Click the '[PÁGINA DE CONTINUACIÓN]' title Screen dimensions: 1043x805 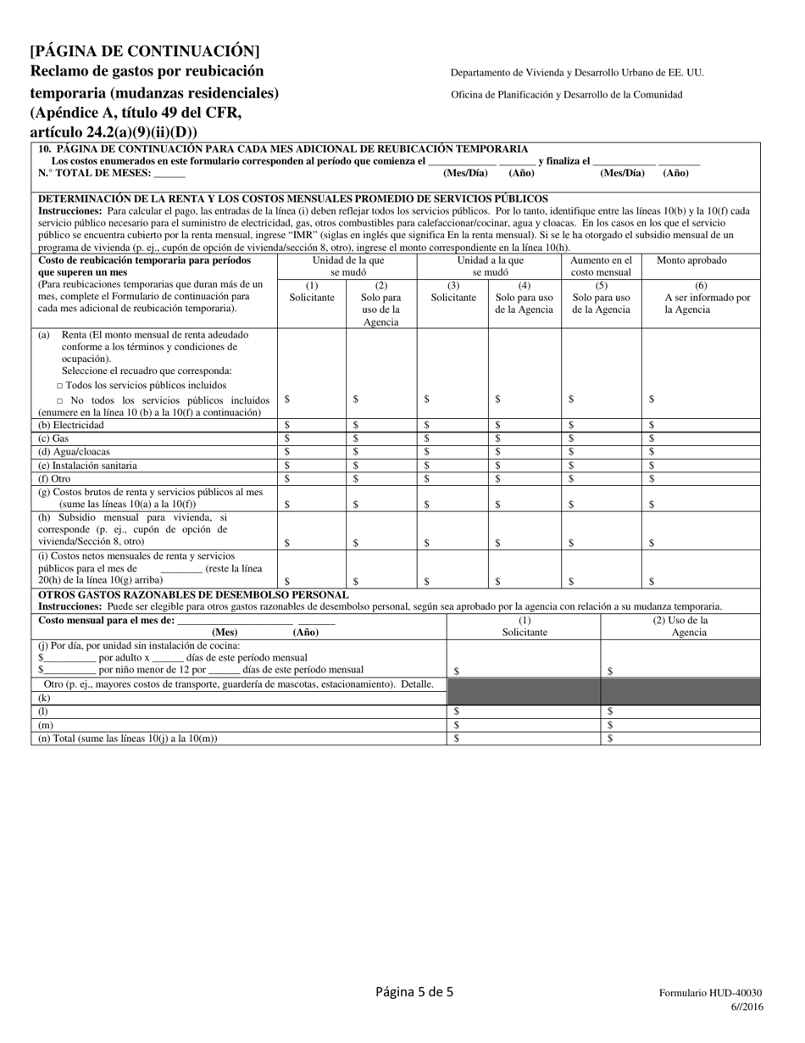tap(144, 51)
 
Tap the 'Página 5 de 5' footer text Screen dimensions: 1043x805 tap(414, 991)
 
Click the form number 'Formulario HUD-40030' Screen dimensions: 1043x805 tap(711, 993)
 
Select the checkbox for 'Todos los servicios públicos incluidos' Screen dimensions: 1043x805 tap(60, 385)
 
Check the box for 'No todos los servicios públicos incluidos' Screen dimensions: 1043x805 tap(60, 400)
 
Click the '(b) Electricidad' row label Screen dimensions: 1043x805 tap(71, 425)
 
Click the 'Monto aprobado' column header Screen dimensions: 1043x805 tap(691, 260)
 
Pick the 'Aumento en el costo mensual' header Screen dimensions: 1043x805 tap(601, 266)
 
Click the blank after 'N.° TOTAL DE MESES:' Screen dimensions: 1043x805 tap(169, 174)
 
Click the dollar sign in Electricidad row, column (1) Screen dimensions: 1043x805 tap(286, 425)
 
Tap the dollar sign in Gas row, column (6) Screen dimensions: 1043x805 tap(652, 438)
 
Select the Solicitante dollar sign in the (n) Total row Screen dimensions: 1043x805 tap(457, 739)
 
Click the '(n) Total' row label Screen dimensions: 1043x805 tap(127, 739)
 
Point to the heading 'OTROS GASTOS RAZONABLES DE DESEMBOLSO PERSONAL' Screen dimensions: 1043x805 tap(194, 594)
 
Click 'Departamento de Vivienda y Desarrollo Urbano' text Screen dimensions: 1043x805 tap(576, 73)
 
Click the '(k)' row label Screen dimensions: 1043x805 tap(44, 698)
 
